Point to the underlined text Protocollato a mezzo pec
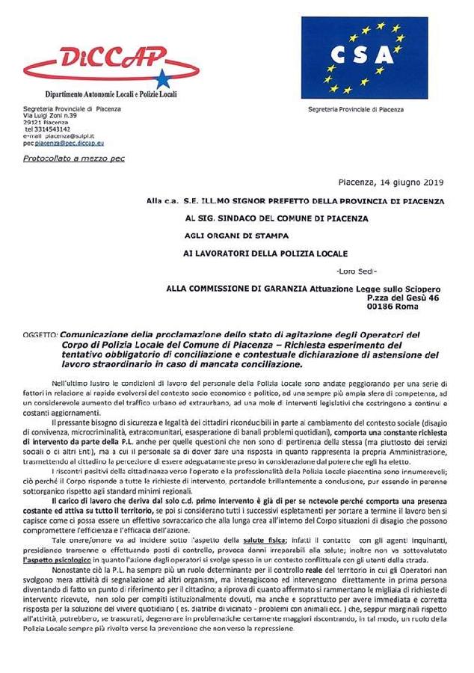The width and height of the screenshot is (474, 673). click(x=73, y=159)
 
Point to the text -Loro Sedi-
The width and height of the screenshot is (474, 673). click(x=357, y=269)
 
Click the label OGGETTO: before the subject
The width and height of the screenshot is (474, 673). click(x=40, y=335)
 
